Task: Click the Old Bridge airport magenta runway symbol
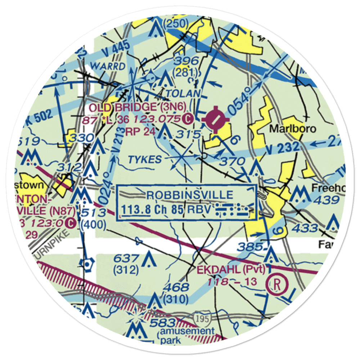pyautogui.click(x=215, y=118)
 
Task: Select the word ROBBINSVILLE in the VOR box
pyautogui.click(x=190, y=195)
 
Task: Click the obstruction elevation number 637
pyautogui.click(x=125, y=258)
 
